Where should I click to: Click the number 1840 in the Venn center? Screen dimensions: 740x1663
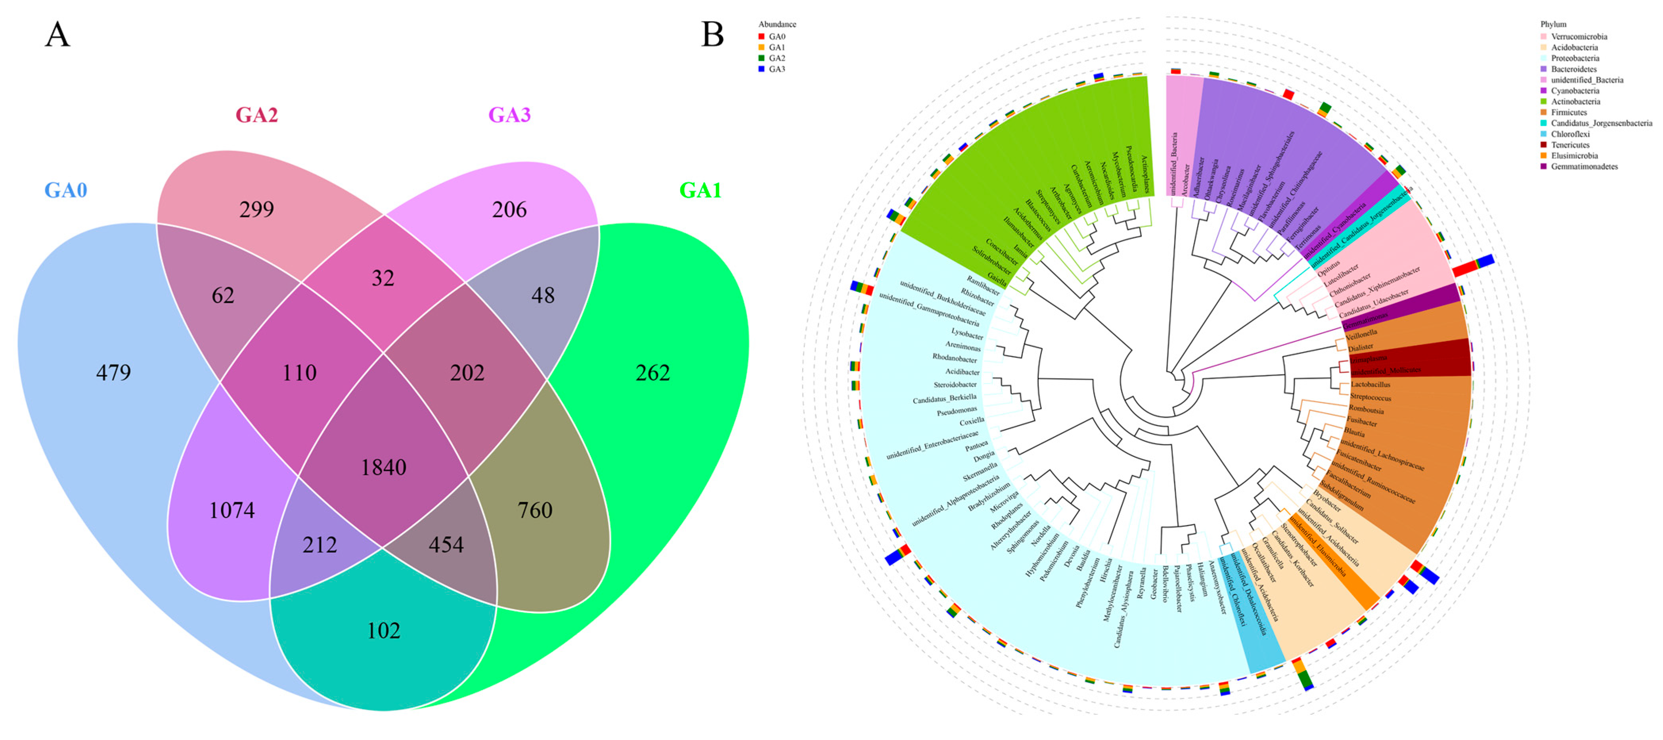(x=383, y=467)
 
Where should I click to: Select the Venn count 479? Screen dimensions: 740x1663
(x=114, y=373)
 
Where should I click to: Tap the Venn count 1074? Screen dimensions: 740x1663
(x=232, y=510)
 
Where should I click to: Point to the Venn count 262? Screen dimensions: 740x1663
(x=653, y=373)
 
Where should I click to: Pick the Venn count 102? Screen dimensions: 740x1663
(x=383, y=630)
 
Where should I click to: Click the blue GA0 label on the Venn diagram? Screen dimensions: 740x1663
(x=65, y=190)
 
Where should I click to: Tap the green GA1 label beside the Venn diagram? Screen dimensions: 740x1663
(x=700, y=190)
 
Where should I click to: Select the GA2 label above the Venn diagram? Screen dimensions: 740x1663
(x=256, y=115)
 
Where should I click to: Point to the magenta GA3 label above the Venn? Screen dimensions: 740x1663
(x=509, y=115)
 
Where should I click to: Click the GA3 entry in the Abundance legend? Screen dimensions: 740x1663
(x=777, y=69)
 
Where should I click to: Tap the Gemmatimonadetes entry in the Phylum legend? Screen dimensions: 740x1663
(x=1584, y=167)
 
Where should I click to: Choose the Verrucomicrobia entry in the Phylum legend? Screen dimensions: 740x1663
(x=1579, y=37)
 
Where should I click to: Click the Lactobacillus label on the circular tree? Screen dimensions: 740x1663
(x=1370, y=384)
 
